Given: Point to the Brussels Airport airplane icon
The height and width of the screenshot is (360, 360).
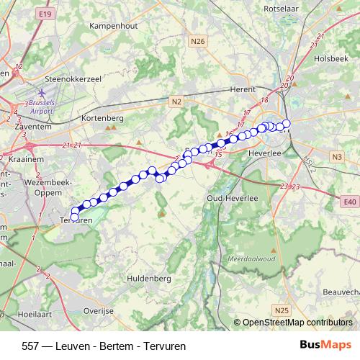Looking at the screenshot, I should coord(40,93).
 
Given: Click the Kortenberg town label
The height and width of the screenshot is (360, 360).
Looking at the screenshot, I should coord(103,117).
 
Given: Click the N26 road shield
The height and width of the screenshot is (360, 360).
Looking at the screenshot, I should coord(199,42).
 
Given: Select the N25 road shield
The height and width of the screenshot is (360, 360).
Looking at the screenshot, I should coord(282,310).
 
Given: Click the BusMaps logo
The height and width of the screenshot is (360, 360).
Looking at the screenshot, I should coord(326,346).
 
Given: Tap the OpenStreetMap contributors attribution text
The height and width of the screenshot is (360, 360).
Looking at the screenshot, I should coord(297,323).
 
